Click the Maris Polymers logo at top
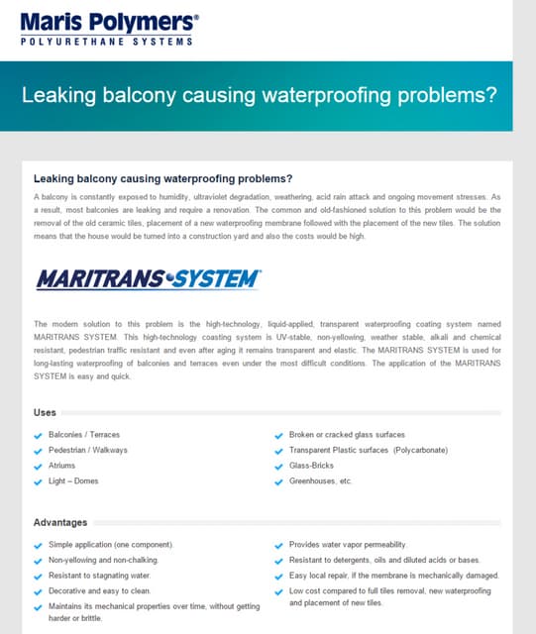pos(109,20)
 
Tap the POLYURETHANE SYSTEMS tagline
pos(106,42)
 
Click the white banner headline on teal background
pos(259,96)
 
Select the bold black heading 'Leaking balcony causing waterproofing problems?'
pos(162,179)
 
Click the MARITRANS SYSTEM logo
pos(148,279)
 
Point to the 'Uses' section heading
pos(45,412)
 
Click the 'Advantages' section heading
pos(60,522)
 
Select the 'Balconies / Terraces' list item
pos(84,435)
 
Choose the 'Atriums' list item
pos(61,466)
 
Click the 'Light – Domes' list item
pos(72,480)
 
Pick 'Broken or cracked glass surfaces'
pos(347,435)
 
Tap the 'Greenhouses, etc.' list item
pos(321,480)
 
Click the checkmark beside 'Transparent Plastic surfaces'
pos(278,451)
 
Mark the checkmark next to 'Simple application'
pos(39,546)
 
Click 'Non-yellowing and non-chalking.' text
pos(103,560)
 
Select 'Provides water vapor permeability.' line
pos(347,545)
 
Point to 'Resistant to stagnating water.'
pos(99,575)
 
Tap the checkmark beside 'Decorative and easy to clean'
pos(39,590)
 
